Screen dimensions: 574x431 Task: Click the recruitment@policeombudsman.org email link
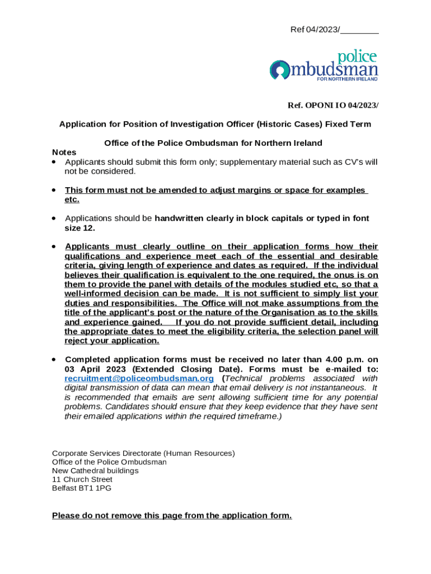[x=139, y=379]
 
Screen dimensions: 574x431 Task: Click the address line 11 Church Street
[x=82, y=480]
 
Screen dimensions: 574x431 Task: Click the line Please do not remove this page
[x=172, y=516]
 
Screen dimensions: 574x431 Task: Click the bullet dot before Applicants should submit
[x=54, y=162]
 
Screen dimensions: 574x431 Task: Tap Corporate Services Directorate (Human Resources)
[x=143, y=453]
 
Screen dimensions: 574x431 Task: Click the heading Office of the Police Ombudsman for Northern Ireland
[x=213, y=143]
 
